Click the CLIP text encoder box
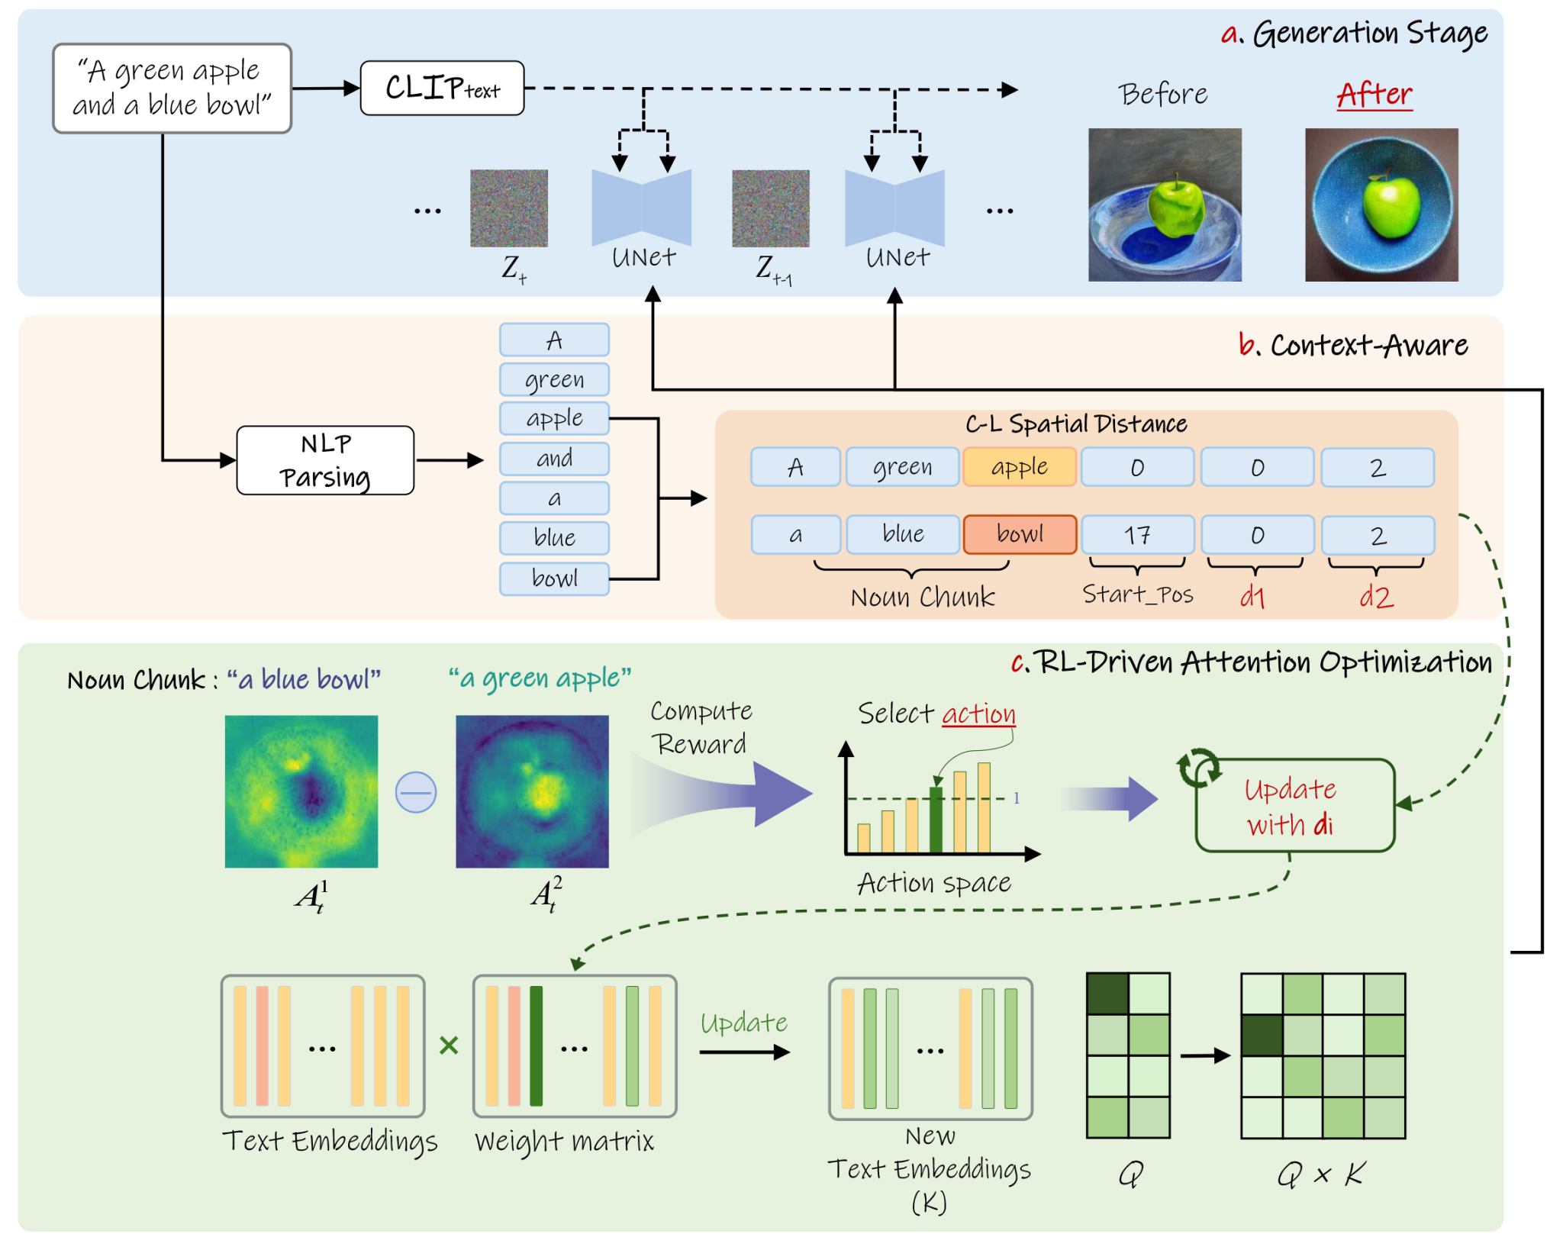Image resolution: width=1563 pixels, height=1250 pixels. [x=442, y=88]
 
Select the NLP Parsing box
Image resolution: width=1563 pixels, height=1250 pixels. [x=325, y=460]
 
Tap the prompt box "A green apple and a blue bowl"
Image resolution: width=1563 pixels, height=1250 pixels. [x=172, y=88]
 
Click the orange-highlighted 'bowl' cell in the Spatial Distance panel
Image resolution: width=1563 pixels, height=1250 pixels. [x=1020, y=534]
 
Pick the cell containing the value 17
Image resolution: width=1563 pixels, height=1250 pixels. [x=1137, y=534]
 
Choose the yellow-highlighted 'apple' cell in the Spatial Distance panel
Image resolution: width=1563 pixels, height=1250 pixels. [x=1020, y=467]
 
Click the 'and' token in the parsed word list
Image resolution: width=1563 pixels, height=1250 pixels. [x=554, y=459]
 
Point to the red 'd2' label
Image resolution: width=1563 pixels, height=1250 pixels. [x=1376, y=596]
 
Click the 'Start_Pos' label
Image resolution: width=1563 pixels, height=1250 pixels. [x=1137, y=594]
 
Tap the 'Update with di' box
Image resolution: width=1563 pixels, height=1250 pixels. [x=1294, y=805]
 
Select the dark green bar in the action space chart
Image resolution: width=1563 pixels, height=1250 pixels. [x=936, y=819]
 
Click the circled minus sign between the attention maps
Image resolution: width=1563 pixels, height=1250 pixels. [x=416, y=792]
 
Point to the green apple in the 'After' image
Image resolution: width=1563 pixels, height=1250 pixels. [x=1391, y=205]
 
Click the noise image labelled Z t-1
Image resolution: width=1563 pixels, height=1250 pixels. [x=770, y=208]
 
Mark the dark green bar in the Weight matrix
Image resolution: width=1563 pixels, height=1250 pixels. [x=536, y=1045]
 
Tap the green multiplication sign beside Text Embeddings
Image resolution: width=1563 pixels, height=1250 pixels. [x=449, y=1045]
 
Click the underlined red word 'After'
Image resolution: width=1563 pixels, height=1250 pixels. [x=1374, y=95]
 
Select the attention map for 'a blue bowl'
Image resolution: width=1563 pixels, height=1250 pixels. [x=301, y=791]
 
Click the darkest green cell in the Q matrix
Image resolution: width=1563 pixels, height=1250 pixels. [x=1107, y=994]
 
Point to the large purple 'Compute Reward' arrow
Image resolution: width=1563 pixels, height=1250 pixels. [x=721, y=794]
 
